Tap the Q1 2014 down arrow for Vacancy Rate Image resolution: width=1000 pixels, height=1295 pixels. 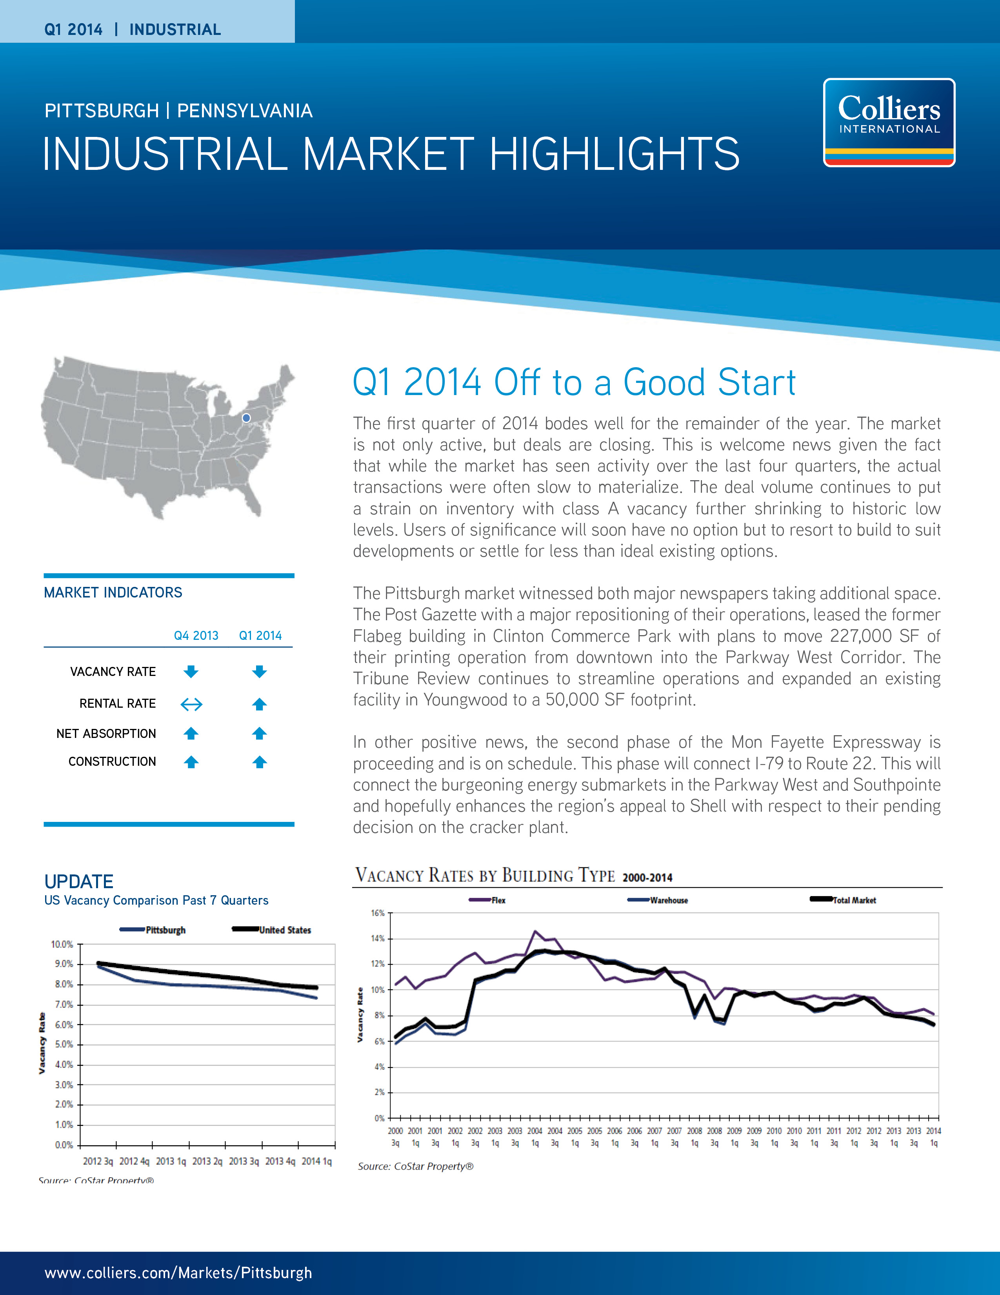[x=260, y=672]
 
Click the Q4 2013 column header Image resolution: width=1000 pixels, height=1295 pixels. [x=196, y=636]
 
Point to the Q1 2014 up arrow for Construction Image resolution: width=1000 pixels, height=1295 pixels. [x=260, y=762]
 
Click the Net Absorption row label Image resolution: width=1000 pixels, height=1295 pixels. [x=106, y=734]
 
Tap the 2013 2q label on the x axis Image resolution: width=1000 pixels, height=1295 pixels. [x=207, y=1161]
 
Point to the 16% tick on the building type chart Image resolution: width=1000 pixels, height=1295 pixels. [x=378, y=913]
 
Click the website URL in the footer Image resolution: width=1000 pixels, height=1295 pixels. [x=178, y=1273]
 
